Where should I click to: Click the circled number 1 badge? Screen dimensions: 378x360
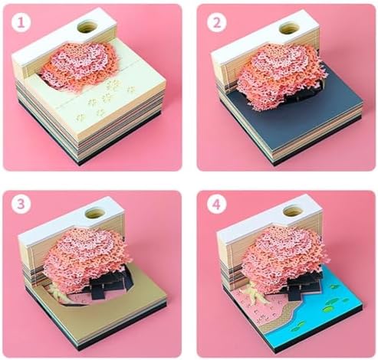pyautogui.click(x=21, y=22)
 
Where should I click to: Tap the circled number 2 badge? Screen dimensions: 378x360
pyautogui.click(x=217, y=22)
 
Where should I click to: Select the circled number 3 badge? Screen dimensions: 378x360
pyautogui.click(x=21, y=204)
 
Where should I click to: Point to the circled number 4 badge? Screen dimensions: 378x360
pyautogui.click(x=217, y=204)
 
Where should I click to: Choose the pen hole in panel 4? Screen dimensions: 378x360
pyautogui.click(x=294, y=211)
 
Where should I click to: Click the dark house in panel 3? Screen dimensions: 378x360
pyautogui.click(x=109, y=285)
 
